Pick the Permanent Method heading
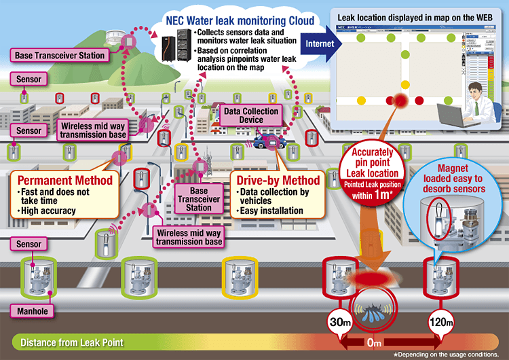(x=64, y=181)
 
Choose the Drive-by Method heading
(x=276, y=181)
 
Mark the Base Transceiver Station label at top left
(x=58, y=55)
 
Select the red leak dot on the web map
(x=400, y=101)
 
